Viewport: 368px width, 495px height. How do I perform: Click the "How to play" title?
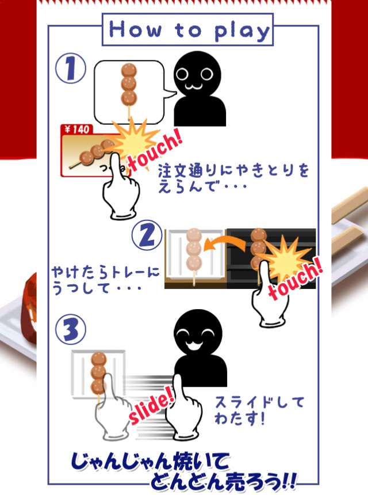pyautogui.click(x=188, y=31)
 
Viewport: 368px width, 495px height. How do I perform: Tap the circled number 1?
pyautogui.click(x=71, y=68)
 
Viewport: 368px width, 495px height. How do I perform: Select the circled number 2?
pyautogui.click(x=147, y=235)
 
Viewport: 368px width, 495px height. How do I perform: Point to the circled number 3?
pyautogui.click(x=71, y=329)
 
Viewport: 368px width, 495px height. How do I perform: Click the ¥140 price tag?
pyautogui.click(x=76, y=130)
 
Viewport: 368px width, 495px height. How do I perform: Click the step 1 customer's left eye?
pyautogui.click(x=183, y=74)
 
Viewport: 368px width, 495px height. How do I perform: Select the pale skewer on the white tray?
pyautogui.click(x=194, y=255)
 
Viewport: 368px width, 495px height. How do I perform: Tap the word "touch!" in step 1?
pyautogui.click(x=155, y=152)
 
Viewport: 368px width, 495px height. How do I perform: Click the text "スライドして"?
pyautogui.click(x=259, y=403)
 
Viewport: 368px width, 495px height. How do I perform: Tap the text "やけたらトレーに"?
pyautogui.click(x=105, y=273)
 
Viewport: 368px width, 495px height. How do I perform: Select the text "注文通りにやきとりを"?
pyautogui.click(x=233, y=171)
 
